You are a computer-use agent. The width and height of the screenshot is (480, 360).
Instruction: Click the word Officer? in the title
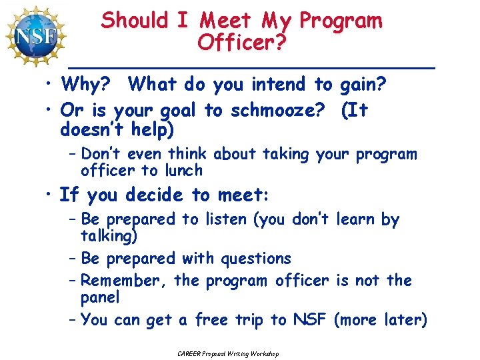(x=241, y=44)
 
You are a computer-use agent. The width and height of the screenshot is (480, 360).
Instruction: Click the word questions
(x=256, y=259)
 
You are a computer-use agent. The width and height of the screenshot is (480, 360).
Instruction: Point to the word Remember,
(x=125, y=281)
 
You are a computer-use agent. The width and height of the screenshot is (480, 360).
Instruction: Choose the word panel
(x=100, y=297)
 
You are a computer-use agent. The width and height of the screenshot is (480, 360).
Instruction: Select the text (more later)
(x=380, y=321)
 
